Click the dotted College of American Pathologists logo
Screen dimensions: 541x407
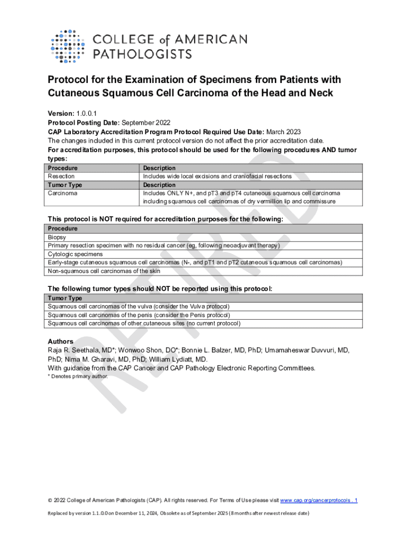pyautogui.click(x=68, y=46)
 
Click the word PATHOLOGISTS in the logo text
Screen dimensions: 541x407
pyautogui.click(x=143, y=54)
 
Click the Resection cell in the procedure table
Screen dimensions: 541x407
pyautogui.click(x=61, y=176)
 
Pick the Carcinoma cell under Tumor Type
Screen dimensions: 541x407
pyautogui.click(x=63, y=193)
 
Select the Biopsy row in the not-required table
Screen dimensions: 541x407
pyautogui.click(x=57, y=237)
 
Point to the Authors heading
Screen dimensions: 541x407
pyautogui.click(x=61, y=341)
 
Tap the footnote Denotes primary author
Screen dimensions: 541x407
pyautogui.click(x=79, y=376)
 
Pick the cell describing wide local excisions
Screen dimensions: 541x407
pyautogui.click(x=217, y=176)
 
